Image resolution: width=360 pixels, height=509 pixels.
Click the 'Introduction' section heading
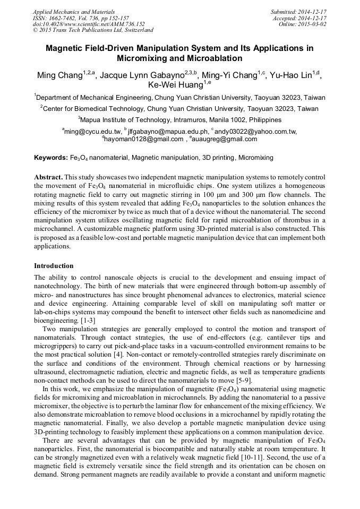(x=54, y=265)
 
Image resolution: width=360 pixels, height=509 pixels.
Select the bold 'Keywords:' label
(x=51, y=158)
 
